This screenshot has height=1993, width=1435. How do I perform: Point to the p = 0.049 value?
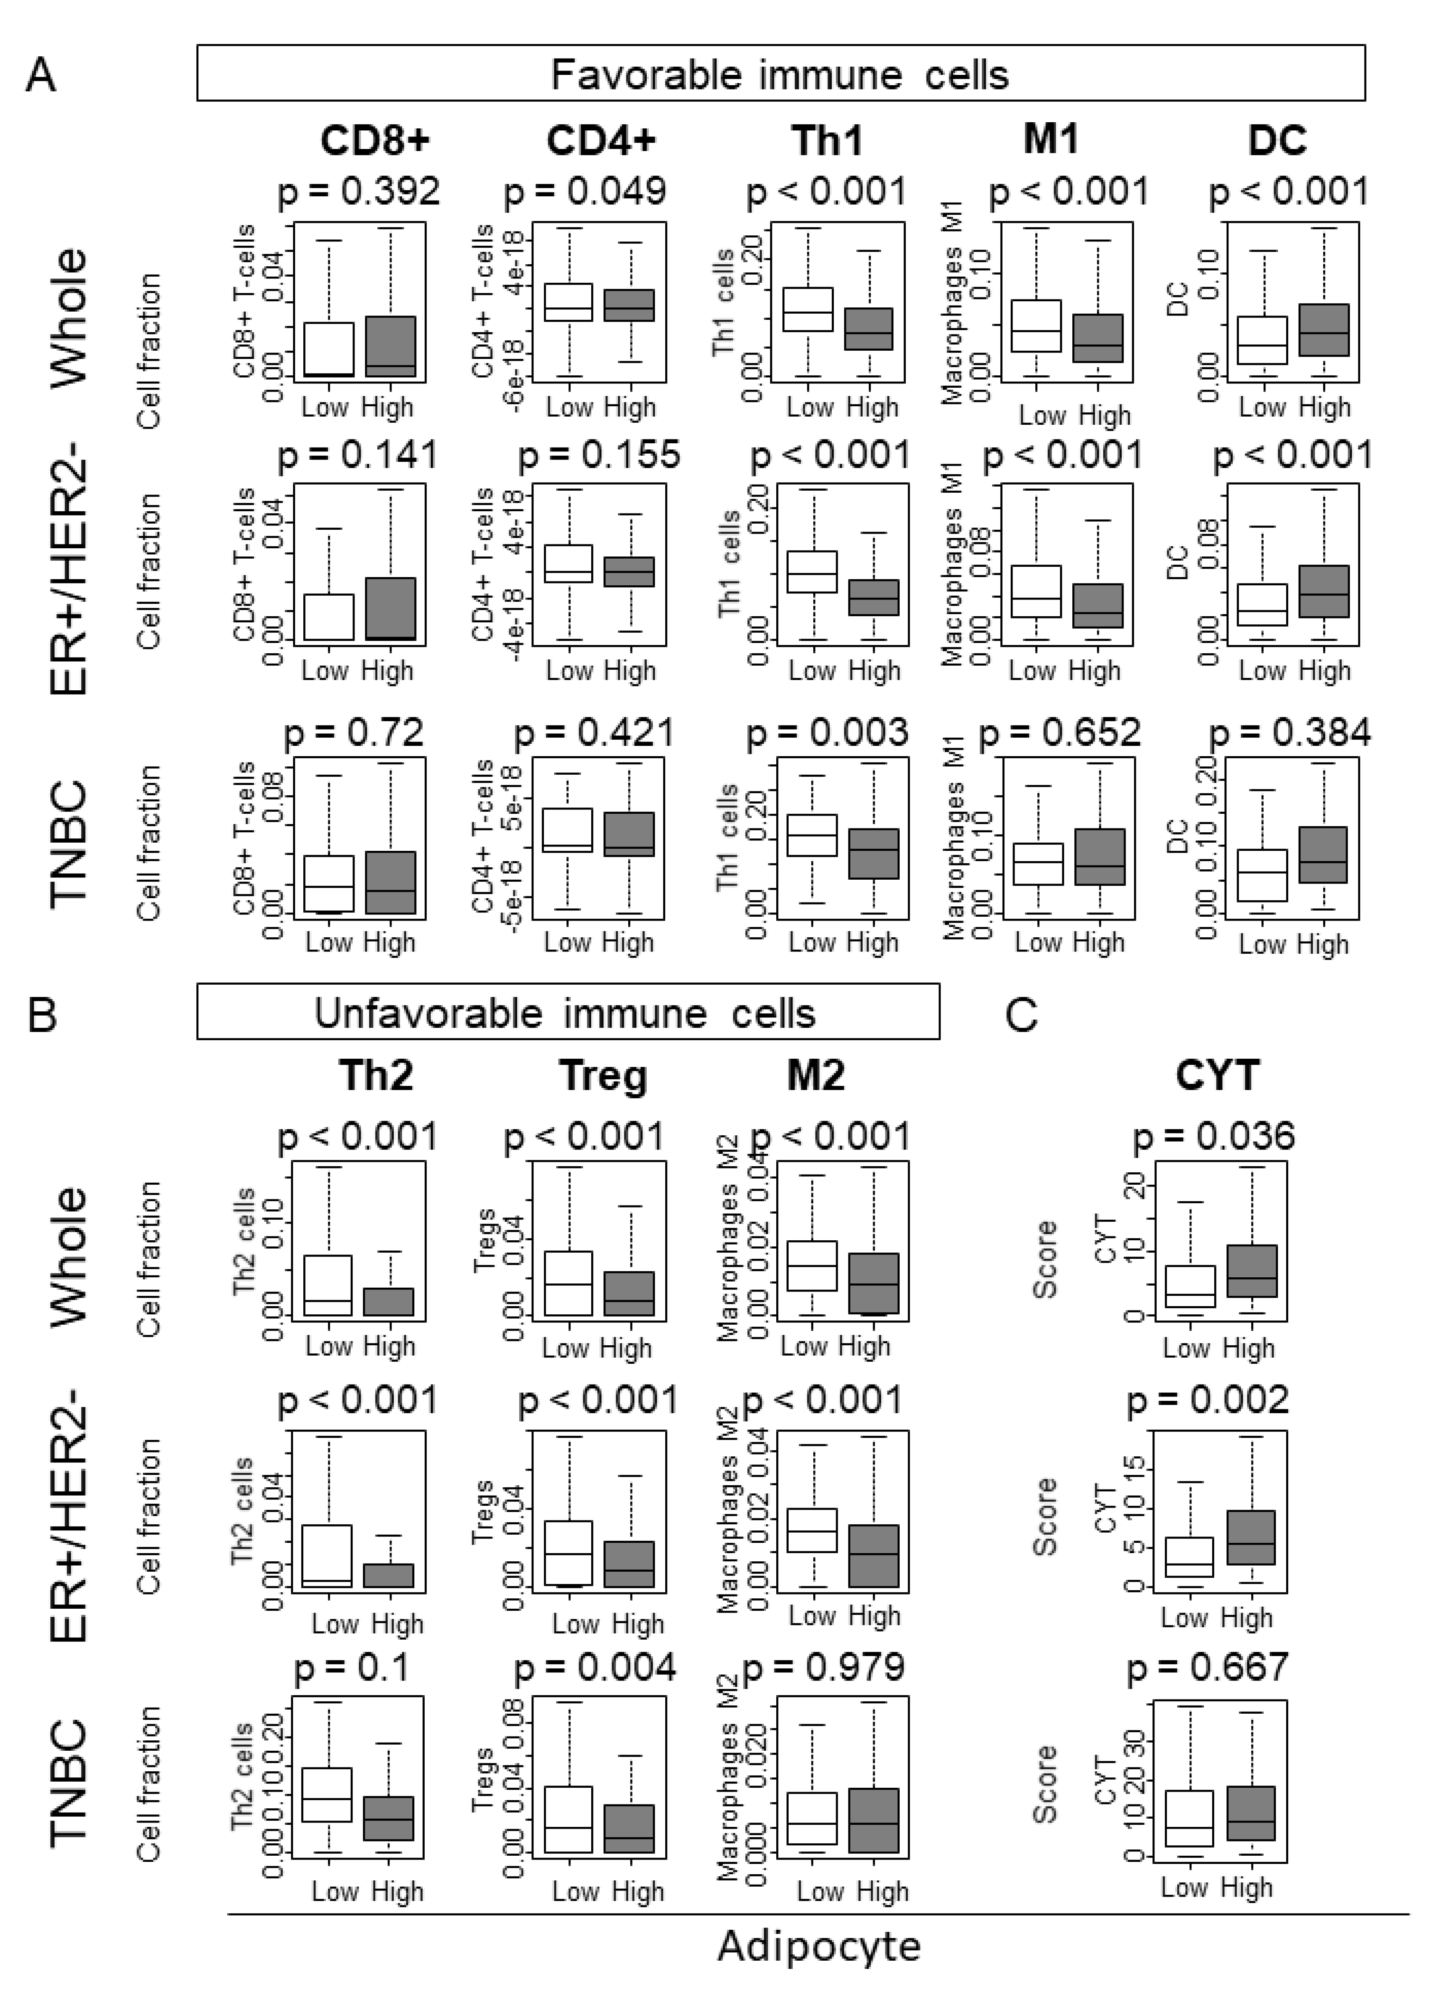click(585, 192)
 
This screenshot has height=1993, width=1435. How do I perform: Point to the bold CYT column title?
click(1218, 1075)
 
